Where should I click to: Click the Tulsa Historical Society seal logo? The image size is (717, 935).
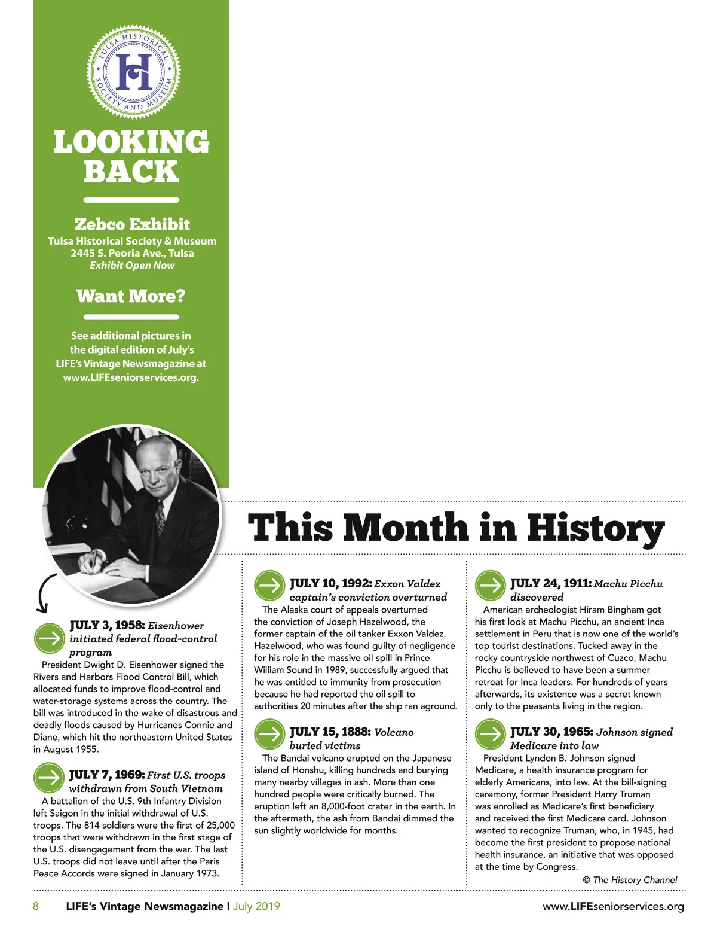tap(134, 71)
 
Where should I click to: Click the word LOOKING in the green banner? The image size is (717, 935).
tap(131, 142)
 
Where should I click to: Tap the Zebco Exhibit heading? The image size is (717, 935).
tap(132, 224)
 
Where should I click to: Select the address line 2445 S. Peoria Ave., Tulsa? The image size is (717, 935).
tap(132, 253)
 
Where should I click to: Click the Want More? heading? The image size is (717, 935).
tap(131, 296)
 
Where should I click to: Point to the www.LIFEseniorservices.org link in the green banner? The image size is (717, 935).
tap(131, 377)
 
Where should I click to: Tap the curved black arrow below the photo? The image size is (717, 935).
tap(45, 594)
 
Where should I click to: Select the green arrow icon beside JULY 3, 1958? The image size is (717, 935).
tap(49, 638)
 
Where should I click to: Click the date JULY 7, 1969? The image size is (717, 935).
tap(107, 775)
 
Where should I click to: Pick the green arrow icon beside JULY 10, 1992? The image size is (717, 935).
tap(269, 586)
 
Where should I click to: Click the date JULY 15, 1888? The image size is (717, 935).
tap(330, 732)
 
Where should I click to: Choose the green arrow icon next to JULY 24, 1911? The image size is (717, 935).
tap(490, 586)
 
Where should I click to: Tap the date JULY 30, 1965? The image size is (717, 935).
tap(551, 732)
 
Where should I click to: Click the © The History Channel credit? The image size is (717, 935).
tap(630, 880)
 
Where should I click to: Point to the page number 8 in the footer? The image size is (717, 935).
tap(36, 906)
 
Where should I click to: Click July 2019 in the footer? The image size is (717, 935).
tap(256, 906)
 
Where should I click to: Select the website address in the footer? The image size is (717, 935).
tap(613, 907)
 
